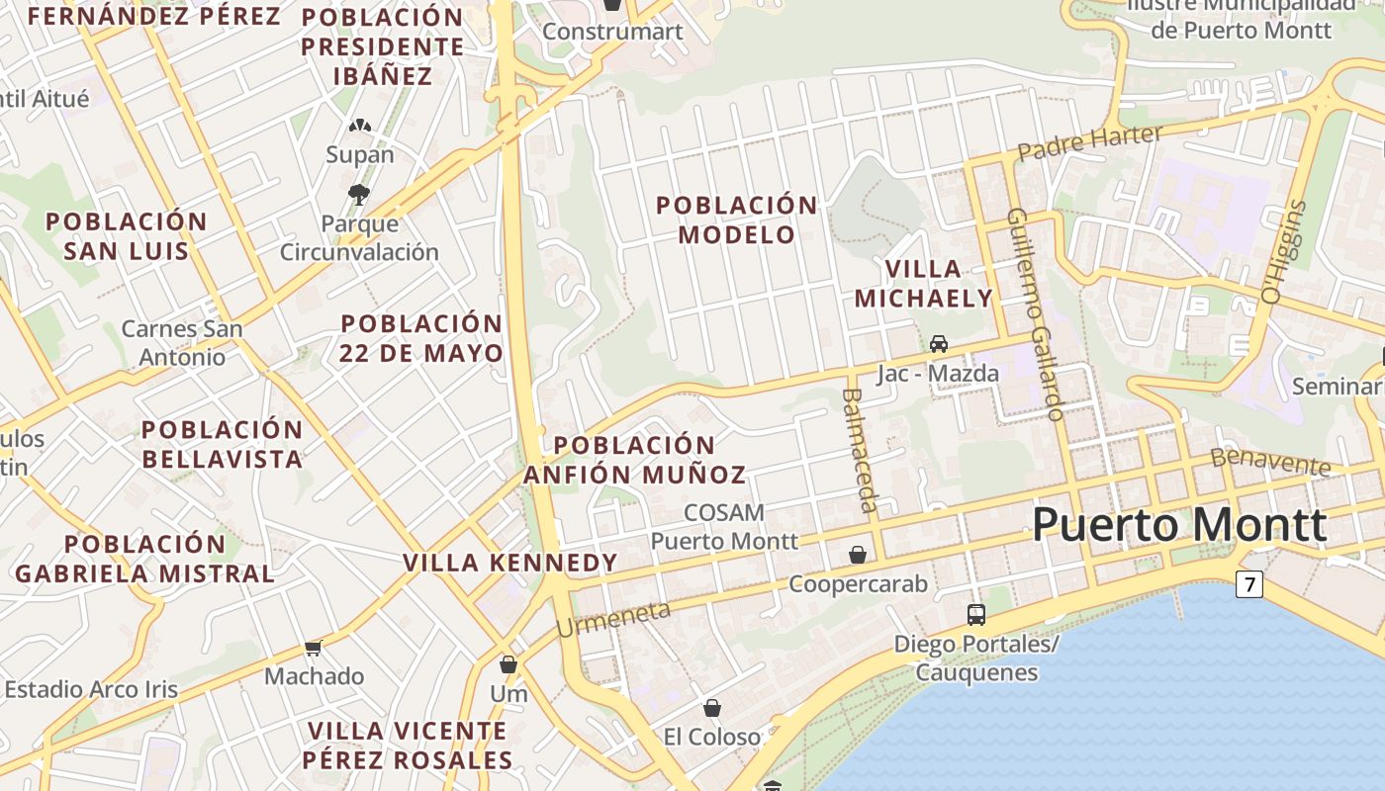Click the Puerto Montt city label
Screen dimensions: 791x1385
[1179, 524]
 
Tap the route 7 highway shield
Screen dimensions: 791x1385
[1249, 584]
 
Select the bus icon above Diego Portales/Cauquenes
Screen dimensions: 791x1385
[976, 614]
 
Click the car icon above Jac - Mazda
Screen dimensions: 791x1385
[939, 343]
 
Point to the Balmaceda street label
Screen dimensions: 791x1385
[859, 450]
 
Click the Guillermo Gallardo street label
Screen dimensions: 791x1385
[1036, 313]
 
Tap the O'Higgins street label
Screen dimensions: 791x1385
[1284, 252]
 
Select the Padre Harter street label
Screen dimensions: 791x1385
[1089, 141]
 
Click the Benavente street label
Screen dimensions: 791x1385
[1271, 460]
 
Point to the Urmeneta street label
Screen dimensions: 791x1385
[613, 619]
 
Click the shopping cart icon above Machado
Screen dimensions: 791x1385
[314, 648]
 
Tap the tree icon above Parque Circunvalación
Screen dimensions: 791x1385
[359, 194]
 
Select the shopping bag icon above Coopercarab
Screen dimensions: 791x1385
[858, 555]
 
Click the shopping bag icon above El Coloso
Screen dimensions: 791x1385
[711, 708]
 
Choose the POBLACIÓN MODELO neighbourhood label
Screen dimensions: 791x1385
[737, 220]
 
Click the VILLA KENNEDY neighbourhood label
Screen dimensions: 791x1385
[509, 563]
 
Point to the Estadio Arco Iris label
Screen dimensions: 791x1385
[91, 689]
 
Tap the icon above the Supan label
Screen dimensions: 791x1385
[359, 127]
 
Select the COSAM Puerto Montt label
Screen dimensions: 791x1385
[724, 526]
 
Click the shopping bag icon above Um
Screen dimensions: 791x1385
[508, 664]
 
